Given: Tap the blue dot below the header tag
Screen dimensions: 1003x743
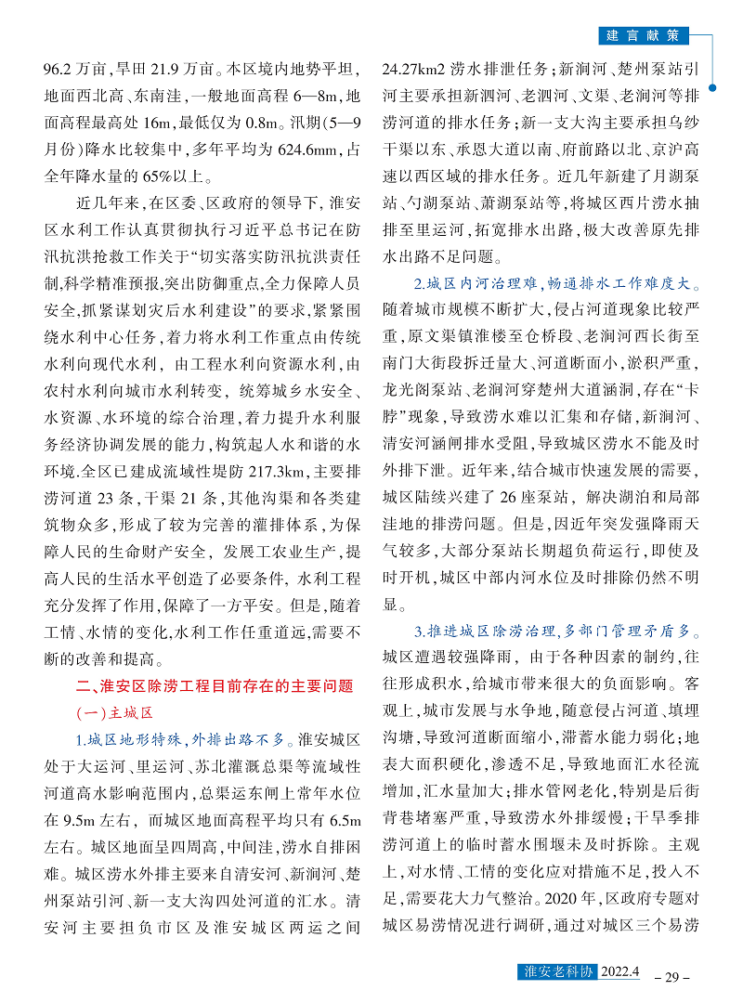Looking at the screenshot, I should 712,88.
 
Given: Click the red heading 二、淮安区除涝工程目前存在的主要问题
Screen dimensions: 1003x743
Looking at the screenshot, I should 215,687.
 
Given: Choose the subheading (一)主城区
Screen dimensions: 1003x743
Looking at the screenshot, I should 111,713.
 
